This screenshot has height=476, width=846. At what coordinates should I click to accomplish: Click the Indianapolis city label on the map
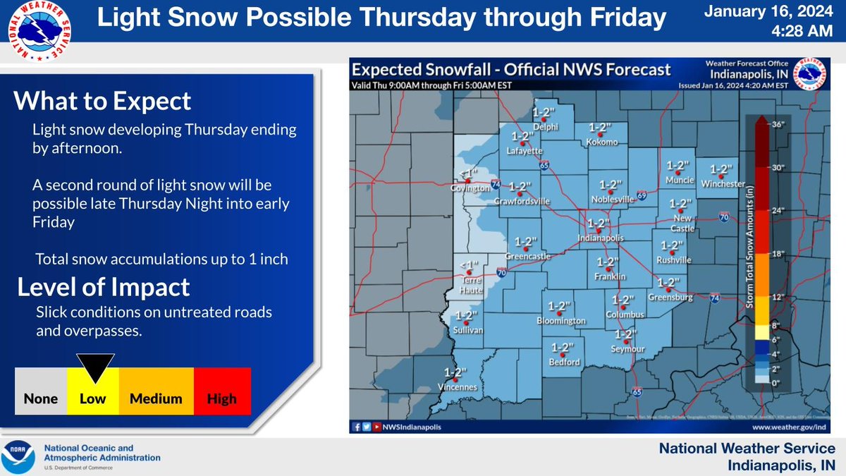coord(601,238)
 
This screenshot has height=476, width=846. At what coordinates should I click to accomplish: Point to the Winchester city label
coord(723,183)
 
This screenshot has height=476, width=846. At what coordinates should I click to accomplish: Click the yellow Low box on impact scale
coord(92,398)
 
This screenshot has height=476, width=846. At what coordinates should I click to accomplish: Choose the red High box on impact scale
coord(221,398)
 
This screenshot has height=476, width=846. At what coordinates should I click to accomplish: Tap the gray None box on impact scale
coord(41,398)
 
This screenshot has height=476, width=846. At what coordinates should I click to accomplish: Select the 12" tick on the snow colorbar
coord(777,297)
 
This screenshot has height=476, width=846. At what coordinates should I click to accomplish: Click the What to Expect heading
coord(102,101)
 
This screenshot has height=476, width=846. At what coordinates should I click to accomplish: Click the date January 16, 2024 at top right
coord(771,13)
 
